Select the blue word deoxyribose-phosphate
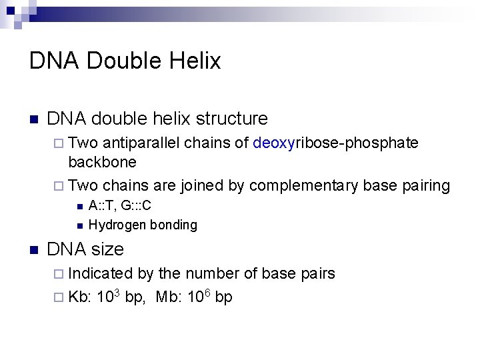[x=336, y=143]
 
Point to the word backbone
[x=102, y=162]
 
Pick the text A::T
[x=101, y=206]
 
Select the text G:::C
[x=142, y=206]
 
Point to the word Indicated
[x=101, y=273]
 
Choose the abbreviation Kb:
[x=81, y=297]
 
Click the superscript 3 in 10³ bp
[x=118, y=292]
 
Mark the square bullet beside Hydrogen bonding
[x=79, y=225]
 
